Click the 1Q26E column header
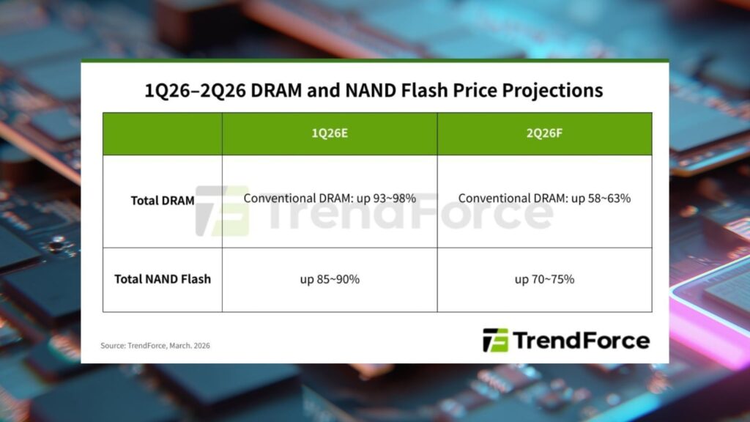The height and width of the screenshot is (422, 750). pyautogui.click(x=330, y=133)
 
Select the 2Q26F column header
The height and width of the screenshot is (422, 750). pyautogui.click(x=544, y=133)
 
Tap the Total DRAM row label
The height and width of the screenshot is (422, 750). pyautogui.click(x=163, y=201)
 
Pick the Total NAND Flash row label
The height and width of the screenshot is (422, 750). pyautogui.click(x=163, y=279)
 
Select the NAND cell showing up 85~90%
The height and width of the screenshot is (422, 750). pyautogui.click(x=330, y=279)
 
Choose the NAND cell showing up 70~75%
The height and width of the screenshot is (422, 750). pyautogui.click(x=544, y=279)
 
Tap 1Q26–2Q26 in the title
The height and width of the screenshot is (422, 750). pyautogui.click(x=194, y=90)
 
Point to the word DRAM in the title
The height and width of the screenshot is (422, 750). pyautogui.click(x=276, y=90)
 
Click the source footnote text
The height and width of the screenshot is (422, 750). pyautogui.click(x=155, y=346)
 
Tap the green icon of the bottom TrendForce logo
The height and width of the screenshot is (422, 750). pyautogui.click(x=495, y=340)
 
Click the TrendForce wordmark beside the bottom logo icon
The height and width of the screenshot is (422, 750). pyautogui.click(x=582, y=341)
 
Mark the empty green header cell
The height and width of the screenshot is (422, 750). pyautogui.click(x=163, y=134)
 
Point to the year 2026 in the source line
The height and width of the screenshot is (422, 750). pyautogui.click(x=201, y=346)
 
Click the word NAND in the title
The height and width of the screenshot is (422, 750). pyautogui.click(x=370, y=90)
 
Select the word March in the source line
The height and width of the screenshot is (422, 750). pyautogui.click(x=180, y=346)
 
